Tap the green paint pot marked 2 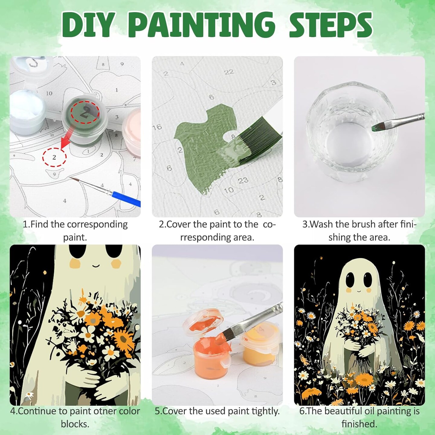(85, 120)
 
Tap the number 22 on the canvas (229, 72)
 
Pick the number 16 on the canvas (157, 127)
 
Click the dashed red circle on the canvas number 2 (54, 157)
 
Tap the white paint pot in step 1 (27, 113)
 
